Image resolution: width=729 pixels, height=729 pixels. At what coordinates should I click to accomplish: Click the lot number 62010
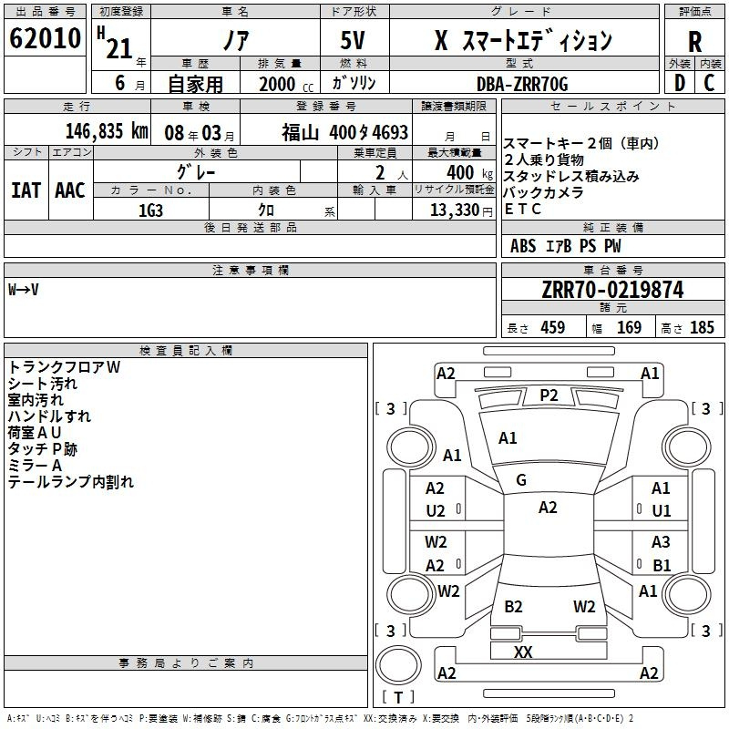[45, 38]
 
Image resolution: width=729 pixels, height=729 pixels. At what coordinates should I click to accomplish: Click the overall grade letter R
[694, 42]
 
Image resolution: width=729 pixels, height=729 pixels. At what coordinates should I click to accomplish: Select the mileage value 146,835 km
[107, 131]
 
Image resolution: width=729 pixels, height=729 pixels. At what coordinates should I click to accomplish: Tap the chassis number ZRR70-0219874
[612, 290]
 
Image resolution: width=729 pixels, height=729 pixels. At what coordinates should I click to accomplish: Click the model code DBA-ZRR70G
[522, 84]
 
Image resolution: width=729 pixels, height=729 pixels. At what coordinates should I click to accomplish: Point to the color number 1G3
[150, 210]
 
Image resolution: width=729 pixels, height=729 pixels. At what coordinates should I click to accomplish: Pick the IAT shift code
[26, 190]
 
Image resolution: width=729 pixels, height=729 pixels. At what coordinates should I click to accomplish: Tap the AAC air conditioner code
[70, 190]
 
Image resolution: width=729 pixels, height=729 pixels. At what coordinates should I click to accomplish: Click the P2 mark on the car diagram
[549, 395]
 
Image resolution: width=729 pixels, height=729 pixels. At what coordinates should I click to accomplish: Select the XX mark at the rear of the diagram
[523, 652]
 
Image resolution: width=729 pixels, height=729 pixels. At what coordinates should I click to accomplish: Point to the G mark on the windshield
[521, 480]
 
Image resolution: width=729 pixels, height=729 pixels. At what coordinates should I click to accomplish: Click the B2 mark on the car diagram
[513, 606]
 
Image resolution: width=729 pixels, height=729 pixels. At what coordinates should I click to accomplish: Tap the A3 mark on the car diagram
[661, 541]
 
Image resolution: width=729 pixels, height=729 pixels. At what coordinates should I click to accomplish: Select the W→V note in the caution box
[24, 290]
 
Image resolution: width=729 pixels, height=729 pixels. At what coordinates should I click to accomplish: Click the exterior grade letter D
[680, 83]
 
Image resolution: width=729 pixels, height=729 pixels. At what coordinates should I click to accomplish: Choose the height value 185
[702, 327]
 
